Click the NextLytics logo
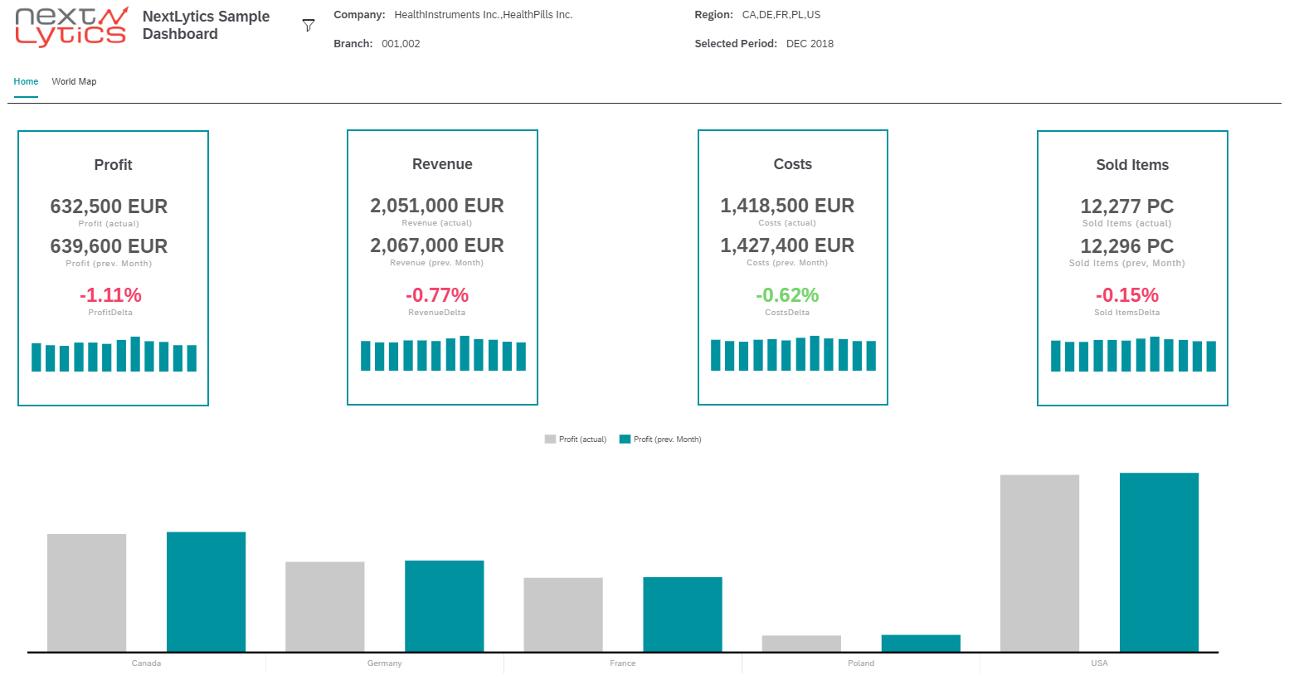pyautogui.click(x=71, y=27)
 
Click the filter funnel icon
pyautogui.click(x=309, y=26)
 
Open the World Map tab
pyautogui.click(x=74, y=81)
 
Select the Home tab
pyautogui.click(x=26, y=81)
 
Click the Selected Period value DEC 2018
pyautogui.click(x=810, y=44)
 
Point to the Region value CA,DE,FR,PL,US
pyautogui.click(x=781, y=15)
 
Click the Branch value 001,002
pyautogui.click(x=401, y=44)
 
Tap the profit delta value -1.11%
pyautogui.click(x=110, y=295)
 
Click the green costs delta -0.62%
pyautogui.click(x=786, y=295)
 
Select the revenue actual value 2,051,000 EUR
pyautogui.click(x=436, y=206)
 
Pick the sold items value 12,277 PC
pyautogui.click(x=1126, y=206)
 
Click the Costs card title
pyautogui.click(x=792, y=164)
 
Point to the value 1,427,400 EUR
pyautogui.click(x=786, y=245)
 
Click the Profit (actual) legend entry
pyautogui.click(x=576, y=440)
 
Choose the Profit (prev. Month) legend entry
pyautogui.click(x=660, y=440)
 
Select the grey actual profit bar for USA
pyautogui.click(x=1039, y=564)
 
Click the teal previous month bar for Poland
pyautogui.click(x=921, y=644)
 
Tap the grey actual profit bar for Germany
pyautogui.click(x=324, y=607)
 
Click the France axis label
pyautogui.click(x=622, y=663)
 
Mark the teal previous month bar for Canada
pyautogui.click(x=206, y=592)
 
